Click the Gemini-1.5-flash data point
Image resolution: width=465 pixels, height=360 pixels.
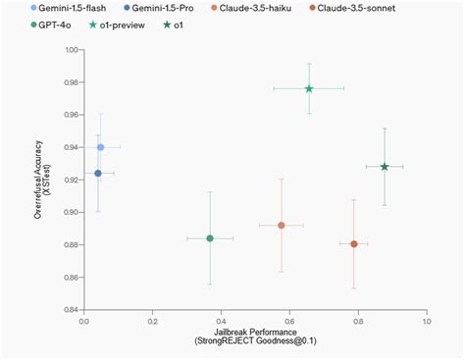(x=100, y=147)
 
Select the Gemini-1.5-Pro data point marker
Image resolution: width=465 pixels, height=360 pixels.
(x=97, y=174)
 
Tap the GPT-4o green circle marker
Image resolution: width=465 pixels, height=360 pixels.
(x=210, y=238)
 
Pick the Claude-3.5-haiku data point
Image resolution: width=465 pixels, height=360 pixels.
(x=282, y=226)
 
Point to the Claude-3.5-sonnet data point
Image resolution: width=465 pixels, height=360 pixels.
(x=354, y=243)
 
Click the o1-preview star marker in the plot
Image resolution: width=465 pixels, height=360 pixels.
(x=309, y=88)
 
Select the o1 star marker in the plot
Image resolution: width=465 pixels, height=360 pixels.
(x=385, y=167)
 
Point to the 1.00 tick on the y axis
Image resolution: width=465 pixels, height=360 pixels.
(x=72, y=49)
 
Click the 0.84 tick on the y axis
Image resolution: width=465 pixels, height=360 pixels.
(x=72, y=310)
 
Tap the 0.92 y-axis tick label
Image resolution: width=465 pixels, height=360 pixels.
(x=72, y=180)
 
